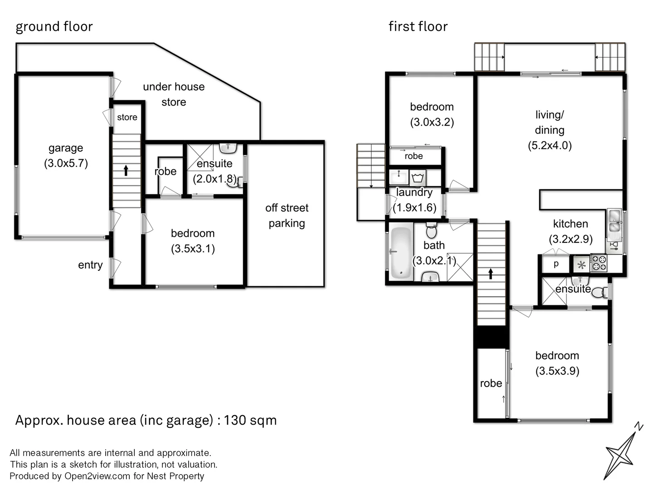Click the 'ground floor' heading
[54, 27]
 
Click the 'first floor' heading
[418, 27]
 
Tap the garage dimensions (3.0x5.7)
[66, 163]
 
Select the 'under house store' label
[174, 94]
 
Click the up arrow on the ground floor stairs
[126, 170]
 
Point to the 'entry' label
[90, 265]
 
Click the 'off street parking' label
[287, 216]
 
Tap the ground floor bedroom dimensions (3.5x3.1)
[193, 249]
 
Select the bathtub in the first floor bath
[400, 252]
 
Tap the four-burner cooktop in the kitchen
[598, 264]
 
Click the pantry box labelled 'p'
[556, 264]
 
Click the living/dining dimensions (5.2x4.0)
[550, 146]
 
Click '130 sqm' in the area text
[250, 420]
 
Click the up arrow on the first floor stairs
[491, 274]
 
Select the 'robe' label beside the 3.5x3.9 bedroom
[491, 383]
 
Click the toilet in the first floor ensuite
[599, 292]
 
